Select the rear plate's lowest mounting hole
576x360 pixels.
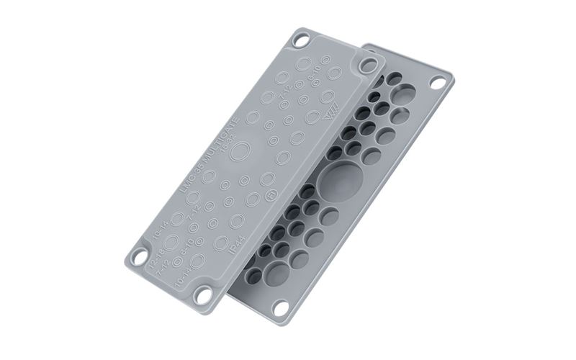(275, 310)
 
